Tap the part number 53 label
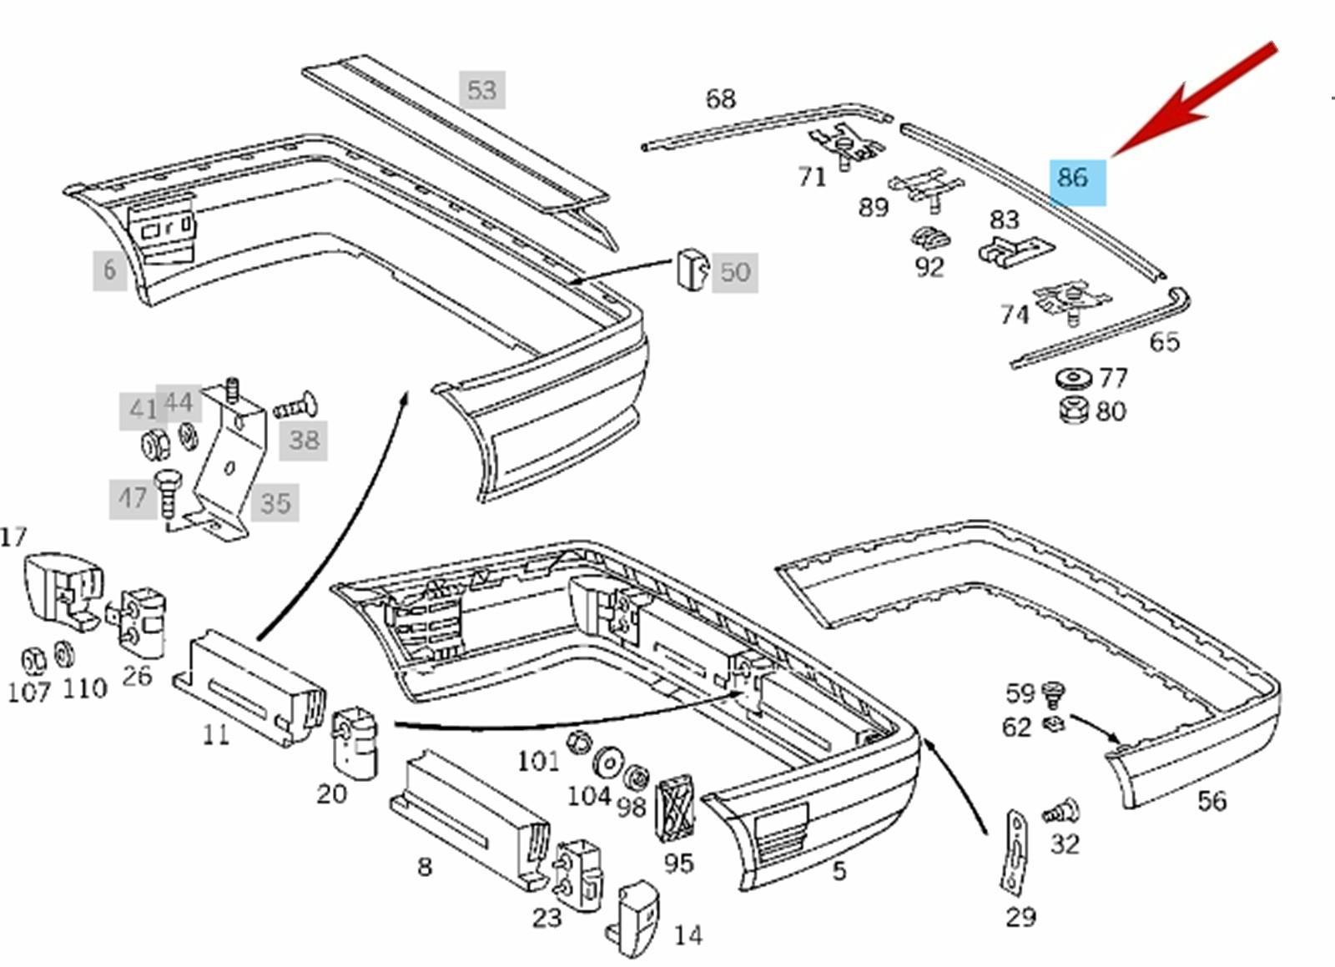[481, 90]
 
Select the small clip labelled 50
[692, 269]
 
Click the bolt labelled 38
[296, 407]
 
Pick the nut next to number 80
[1073, 410]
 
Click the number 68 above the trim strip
[720, 99]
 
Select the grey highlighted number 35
[275, 503]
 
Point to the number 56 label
[1212, 801]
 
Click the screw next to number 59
[1055, 693]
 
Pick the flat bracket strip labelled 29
[1015, 850]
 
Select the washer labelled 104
[607, 763]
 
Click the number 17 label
[13, 536]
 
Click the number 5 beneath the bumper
[839, 870]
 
